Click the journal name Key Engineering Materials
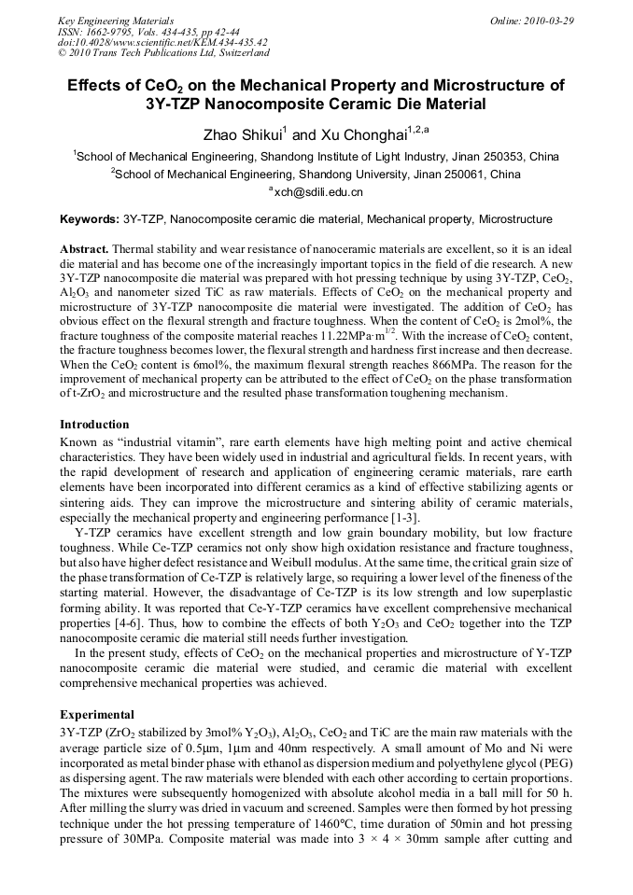(116, 21)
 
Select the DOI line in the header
(162, 42)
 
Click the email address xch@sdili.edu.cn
(318, 192)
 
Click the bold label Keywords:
(89, 220)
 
